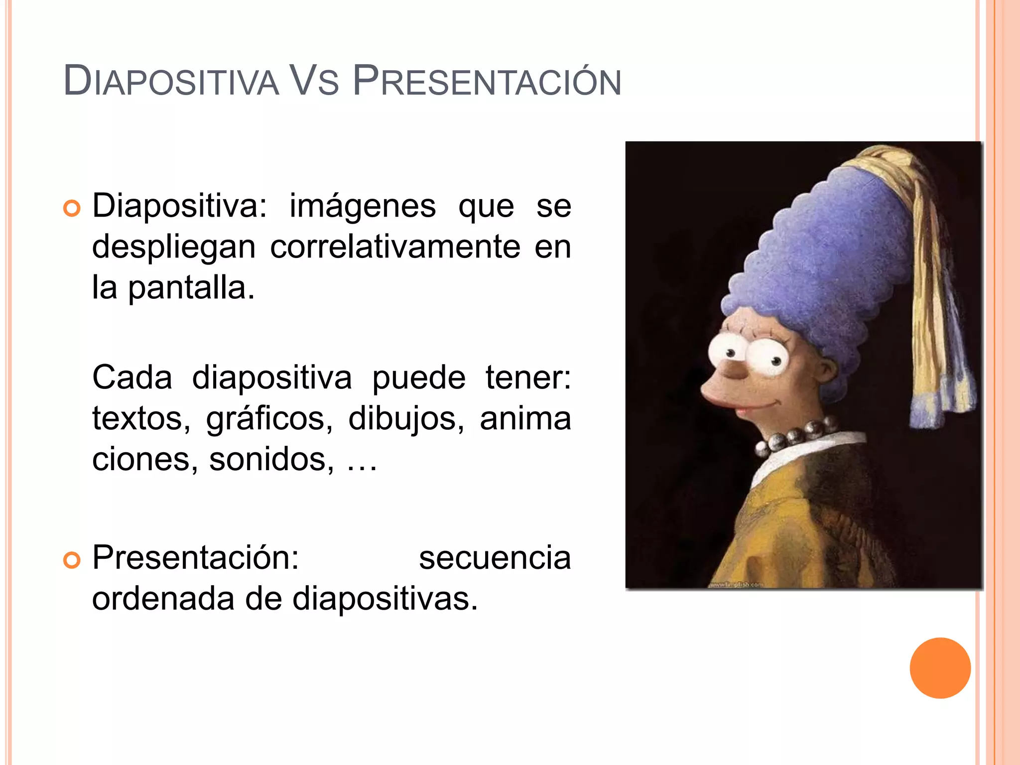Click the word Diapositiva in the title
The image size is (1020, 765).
171,81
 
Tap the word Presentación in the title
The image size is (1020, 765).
487,81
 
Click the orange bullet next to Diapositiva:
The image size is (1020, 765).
72,209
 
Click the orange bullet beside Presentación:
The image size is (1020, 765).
72,561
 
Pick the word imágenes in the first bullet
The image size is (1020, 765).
362,206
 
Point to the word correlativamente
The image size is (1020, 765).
395,247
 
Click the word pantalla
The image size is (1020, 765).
191,288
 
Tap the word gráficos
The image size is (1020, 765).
269,419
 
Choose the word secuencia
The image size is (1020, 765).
495,558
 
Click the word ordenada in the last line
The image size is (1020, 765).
163,599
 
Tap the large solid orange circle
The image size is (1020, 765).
940,668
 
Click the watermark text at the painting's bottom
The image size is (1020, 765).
735,584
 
